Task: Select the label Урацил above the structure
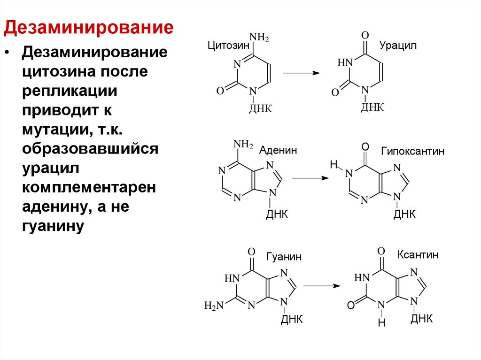(x=398, y=46)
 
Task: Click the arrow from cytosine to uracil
(x=301, y=73)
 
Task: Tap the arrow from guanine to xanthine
(x=321, y=285)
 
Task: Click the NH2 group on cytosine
(x=259, y=37)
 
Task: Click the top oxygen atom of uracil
(x=365, y=36)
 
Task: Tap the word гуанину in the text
(x=53, y=227)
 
